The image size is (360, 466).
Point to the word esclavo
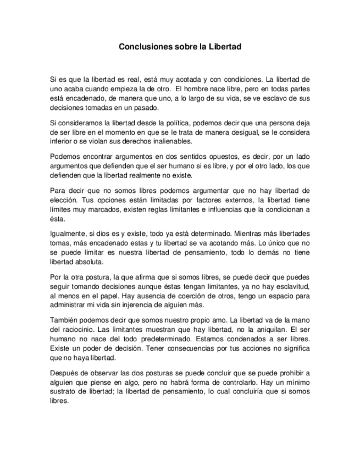tap(272, 99)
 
